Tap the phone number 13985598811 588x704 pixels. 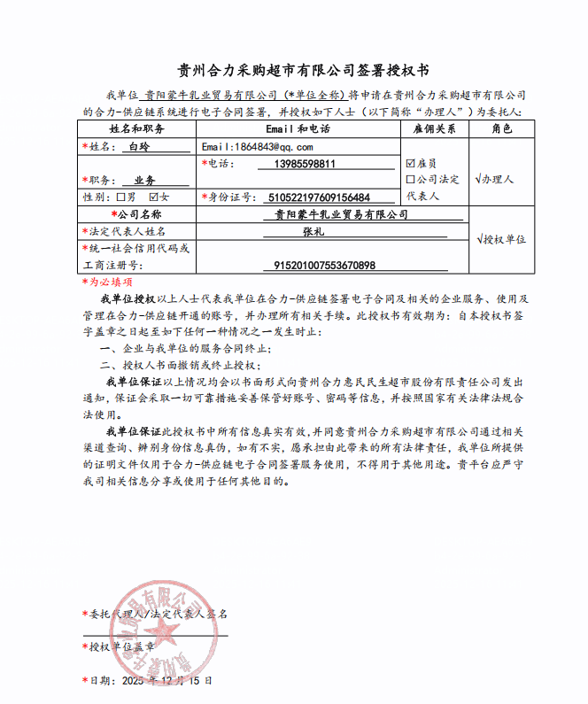coord(306,164)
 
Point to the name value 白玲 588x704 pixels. coord(140,147)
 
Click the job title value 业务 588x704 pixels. coord(143,180)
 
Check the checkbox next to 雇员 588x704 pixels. coord(410,163)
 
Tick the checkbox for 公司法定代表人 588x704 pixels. coord(410,179)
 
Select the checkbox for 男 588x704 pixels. coord(121,197)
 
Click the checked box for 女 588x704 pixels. coord(154,197)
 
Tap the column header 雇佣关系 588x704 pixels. coord(435,129)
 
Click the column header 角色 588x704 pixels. coord(501,129)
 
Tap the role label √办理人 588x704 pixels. coord(495,179)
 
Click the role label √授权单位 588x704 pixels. coord(501,239)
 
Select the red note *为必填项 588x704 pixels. coord(108,281)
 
